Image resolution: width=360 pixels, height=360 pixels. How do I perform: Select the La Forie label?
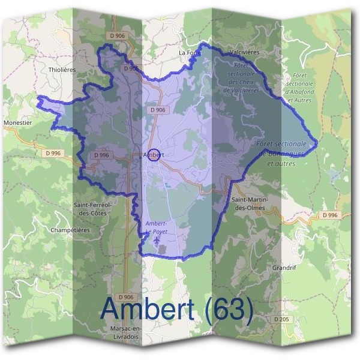tap(189, 53)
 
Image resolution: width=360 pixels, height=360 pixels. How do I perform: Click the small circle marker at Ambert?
tap(153, 155)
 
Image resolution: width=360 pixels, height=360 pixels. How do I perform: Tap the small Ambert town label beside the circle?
tap(154, 155)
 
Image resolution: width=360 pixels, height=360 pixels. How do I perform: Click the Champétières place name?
tap(70, 230)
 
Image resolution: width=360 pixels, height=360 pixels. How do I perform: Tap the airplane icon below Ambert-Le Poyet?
tap(157, 240)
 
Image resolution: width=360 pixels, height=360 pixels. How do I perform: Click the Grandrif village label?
tap(284, 268)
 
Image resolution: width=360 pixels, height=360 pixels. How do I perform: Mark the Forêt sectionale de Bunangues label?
tap(281, 153)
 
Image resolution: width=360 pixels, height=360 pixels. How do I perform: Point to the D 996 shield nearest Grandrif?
tap(329, 215)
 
